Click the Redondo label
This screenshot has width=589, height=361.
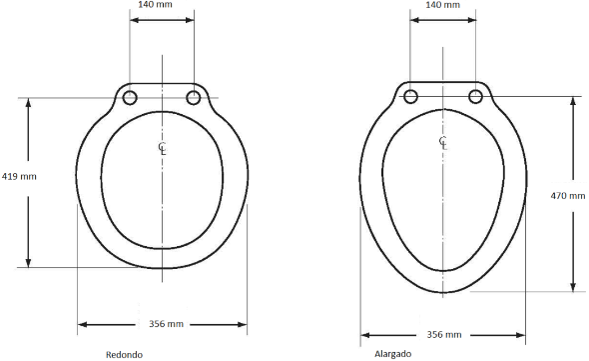click(x=124, y=355)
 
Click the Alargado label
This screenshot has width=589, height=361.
click(x=393, y=354)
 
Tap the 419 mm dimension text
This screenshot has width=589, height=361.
click(x=19, y=176)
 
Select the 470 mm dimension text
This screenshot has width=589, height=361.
click(x=568, y=196)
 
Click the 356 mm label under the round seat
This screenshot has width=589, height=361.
click(x=166, y=324)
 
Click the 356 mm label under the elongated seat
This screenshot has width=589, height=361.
click(x=444, y=334)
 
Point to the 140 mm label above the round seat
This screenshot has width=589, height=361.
click(x=155, y=5)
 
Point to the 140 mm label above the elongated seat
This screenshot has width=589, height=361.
click(x=443, y=5)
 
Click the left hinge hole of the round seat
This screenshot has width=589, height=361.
click(x=130, y=98)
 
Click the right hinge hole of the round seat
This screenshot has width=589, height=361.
click(x=194, y=98)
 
